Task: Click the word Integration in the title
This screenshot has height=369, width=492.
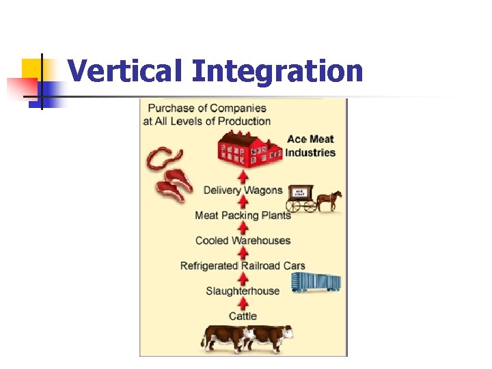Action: (277, 71)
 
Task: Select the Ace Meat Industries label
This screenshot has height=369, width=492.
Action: (310, 146)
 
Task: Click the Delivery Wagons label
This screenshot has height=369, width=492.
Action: (243, 190)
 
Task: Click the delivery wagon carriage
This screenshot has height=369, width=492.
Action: (301, 197)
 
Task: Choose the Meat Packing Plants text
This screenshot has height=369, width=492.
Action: (243, 215)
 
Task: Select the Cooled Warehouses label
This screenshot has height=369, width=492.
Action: (243, 241)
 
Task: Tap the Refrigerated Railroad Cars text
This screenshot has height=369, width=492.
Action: (243, 266)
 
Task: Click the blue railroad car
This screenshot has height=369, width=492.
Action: (316, 282)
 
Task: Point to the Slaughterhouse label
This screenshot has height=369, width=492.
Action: (243, 291)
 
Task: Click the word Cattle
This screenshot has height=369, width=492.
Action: (243, 316)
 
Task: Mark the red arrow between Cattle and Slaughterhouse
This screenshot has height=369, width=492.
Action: (243, 303)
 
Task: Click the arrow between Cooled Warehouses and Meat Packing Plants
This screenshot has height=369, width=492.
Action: (243, 228)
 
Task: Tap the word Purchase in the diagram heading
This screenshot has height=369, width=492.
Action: (169, 108)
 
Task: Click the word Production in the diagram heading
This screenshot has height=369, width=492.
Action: (243, 121)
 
